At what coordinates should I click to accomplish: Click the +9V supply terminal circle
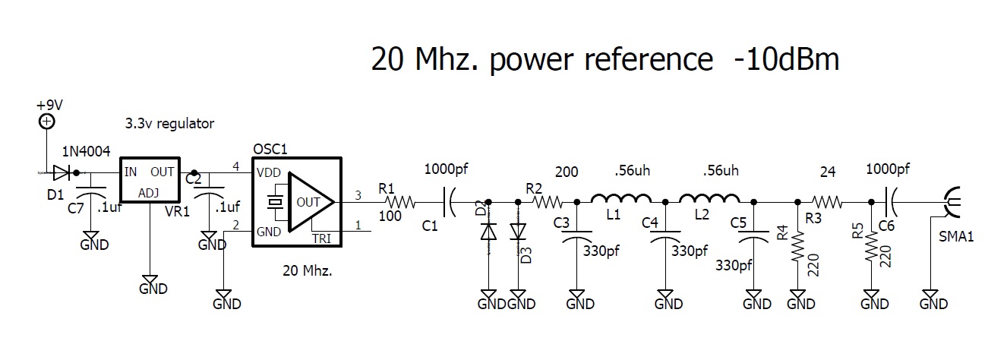click(x=47, y=121)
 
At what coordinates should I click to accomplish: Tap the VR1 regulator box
click(x=150, y=181)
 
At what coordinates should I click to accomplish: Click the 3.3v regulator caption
click(x=169, y=123)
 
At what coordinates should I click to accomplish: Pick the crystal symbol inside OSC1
click(x=275, y=202)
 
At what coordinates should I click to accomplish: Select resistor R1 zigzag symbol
click(x=399, y=202)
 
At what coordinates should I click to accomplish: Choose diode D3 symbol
click(x=518, y=229)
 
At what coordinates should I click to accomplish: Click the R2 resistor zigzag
click(x=546, y=202)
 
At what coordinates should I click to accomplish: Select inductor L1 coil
click(x=620, y=200)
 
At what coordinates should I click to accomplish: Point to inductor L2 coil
click(x=709, y=200)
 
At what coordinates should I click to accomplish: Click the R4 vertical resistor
click(x=797, y=248)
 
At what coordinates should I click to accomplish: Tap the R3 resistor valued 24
click(x=827, y=202)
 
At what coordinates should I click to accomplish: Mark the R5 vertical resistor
click(x=870, y=248)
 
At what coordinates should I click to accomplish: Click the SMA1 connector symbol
click(x=951, y=202)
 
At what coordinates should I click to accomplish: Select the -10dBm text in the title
click(x=786, y=59)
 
